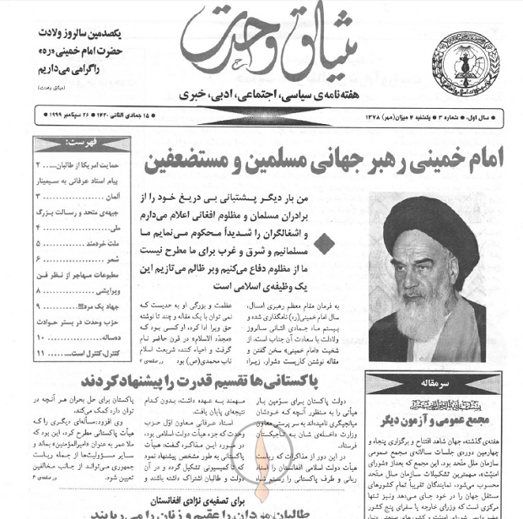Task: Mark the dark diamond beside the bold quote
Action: (326, 244)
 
